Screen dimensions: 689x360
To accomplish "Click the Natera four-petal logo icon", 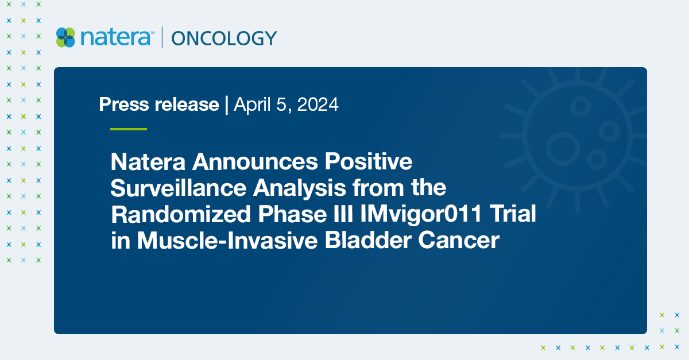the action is pos(65,37).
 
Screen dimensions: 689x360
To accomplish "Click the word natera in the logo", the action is pos(115,37).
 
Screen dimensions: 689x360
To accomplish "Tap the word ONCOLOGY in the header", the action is pos(224,38).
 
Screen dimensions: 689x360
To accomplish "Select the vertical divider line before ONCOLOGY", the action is pos(162,37).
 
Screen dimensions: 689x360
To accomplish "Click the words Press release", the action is pos(159,104).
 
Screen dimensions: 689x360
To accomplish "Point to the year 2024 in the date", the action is pos(318,104).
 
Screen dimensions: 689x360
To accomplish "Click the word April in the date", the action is pos(253,104).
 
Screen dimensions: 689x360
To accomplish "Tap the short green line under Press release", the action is pos(129,129).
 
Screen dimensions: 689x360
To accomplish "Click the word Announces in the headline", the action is pos(255,161).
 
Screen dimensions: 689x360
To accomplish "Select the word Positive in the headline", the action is pos(369,161).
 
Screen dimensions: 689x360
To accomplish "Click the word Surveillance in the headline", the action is pos(179,187).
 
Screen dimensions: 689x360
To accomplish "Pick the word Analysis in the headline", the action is pos(300,188).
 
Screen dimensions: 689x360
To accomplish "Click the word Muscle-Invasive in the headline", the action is pos(227,240).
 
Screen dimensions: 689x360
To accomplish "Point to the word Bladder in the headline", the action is pos(368,240).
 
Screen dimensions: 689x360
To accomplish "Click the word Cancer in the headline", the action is pos(459,241).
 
